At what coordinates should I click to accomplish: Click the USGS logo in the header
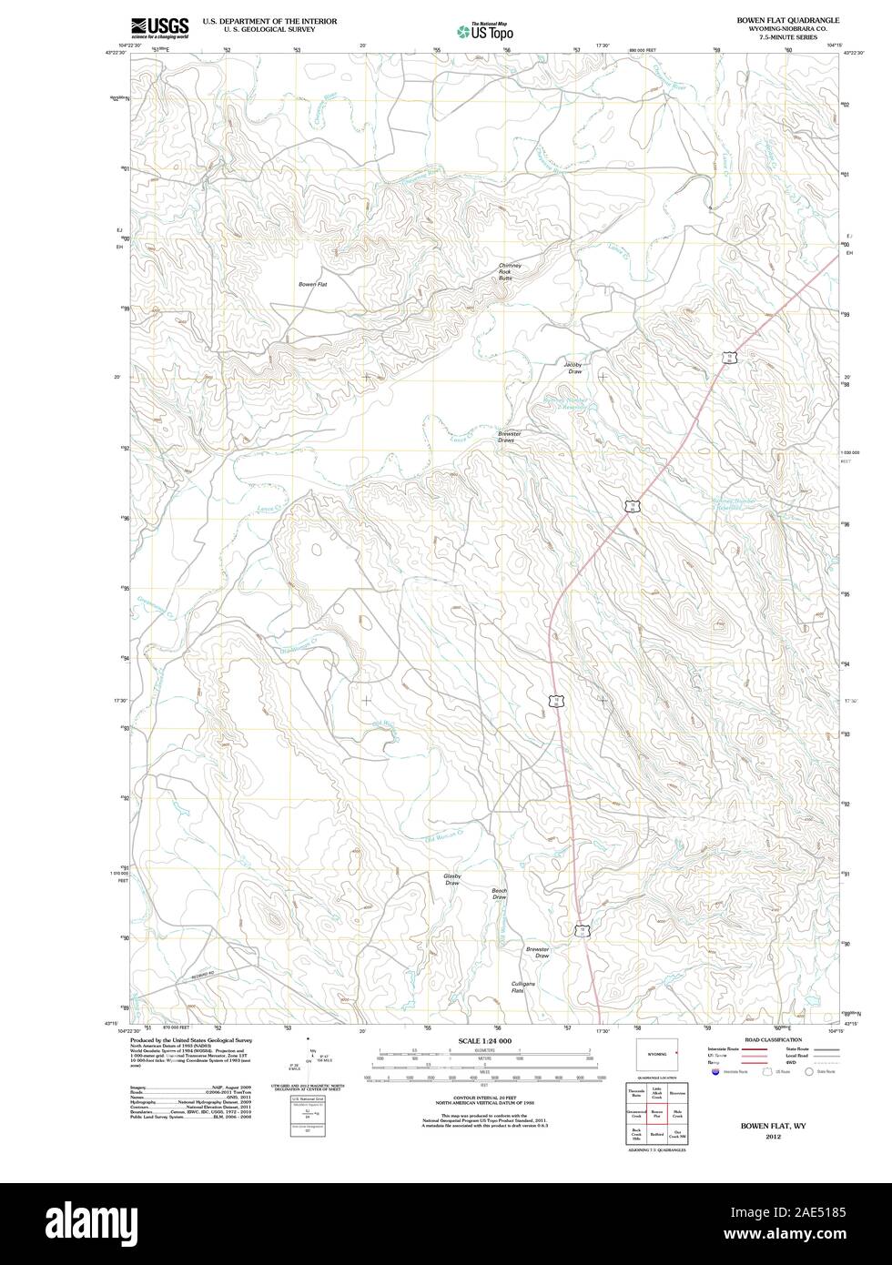(x=160, y=26)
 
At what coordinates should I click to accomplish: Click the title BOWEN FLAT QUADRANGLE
(x=782, y=19)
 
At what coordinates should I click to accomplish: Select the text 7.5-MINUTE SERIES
(x=782, y=38)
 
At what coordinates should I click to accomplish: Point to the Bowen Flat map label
(x=312, y=285)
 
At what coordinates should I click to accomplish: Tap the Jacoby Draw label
(x=574, y=368)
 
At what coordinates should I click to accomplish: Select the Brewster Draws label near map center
(x=509, y=437)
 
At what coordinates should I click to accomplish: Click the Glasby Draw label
(x=452, y=879)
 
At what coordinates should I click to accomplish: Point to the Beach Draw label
(x=499, y=894)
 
